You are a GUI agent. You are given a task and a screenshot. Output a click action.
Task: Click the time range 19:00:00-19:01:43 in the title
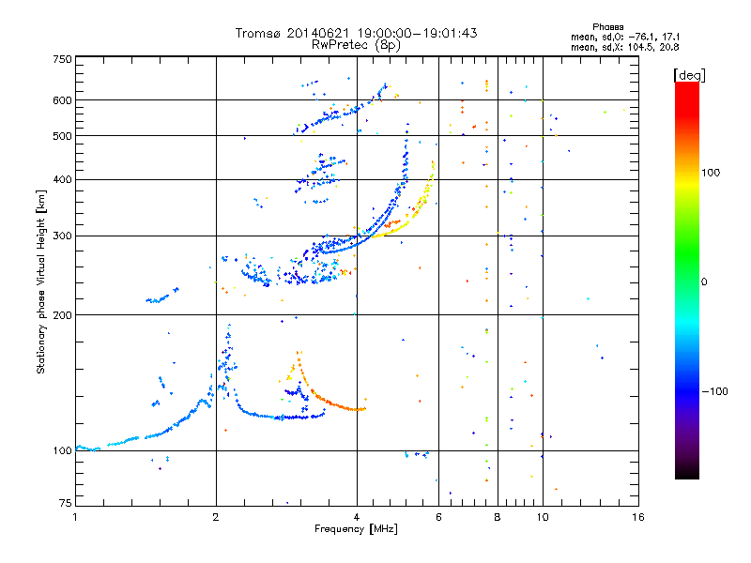tap(417, 33)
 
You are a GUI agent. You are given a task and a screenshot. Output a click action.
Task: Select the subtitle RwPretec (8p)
tap(356, 45)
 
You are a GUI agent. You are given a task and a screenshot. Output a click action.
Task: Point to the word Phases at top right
tap(607, 27)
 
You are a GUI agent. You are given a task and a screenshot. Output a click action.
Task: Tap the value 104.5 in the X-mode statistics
tap(641, 47)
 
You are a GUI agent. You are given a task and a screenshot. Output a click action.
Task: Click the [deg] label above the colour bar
tap(689, 75)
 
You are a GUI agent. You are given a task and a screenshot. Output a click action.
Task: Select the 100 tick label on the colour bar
tap(711, 173)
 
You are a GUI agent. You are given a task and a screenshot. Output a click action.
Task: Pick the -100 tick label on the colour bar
tap(715, 391)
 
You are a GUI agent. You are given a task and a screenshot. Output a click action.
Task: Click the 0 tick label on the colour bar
tap(704, 282)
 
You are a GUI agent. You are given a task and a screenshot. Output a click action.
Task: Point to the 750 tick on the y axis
tap(63, 59)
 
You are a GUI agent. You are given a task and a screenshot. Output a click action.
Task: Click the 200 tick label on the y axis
tap(63, 315)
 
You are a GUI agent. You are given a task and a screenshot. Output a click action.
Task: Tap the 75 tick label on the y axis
tap(66, 503)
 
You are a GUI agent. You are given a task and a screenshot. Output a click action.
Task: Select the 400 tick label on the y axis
tap(63, 179)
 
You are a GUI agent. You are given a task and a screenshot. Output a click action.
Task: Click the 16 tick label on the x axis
tap(638, 517)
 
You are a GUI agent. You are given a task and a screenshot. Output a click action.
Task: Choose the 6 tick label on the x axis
tap(438, 517)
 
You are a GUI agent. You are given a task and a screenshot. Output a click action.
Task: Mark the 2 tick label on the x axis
tap(216, 517)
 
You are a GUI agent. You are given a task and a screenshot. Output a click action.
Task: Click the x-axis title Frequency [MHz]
tap(356, 529)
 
